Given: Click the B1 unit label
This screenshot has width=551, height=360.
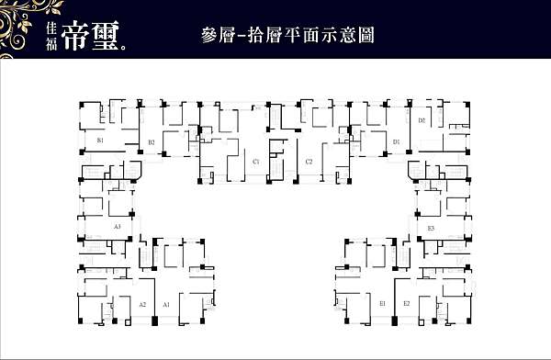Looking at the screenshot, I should click(99, 141).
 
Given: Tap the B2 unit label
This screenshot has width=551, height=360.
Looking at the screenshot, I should click(152, 142).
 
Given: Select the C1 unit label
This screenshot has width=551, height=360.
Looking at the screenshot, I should click(256, 162).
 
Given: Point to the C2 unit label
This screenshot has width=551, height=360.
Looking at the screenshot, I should click(309, 162).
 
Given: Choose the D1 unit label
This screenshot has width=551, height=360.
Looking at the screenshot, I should click(397, 142).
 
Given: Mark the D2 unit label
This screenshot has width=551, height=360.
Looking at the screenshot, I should click(422, 120).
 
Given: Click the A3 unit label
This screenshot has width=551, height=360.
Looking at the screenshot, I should click(117, 226).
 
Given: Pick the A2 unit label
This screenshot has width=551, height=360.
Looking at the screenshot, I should click(142, 303).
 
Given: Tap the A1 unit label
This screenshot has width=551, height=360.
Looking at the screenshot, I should click(166, 303).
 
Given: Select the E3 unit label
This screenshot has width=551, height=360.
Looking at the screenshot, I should click(431, 227).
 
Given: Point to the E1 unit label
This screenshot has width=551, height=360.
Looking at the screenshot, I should click(382, 303).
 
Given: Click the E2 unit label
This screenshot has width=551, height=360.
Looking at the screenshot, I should click(406, 303).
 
